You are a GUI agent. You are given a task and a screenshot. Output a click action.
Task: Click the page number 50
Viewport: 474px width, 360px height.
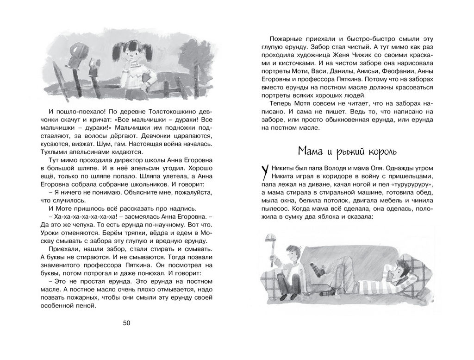pyautogui.click(x=127, y=323)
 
